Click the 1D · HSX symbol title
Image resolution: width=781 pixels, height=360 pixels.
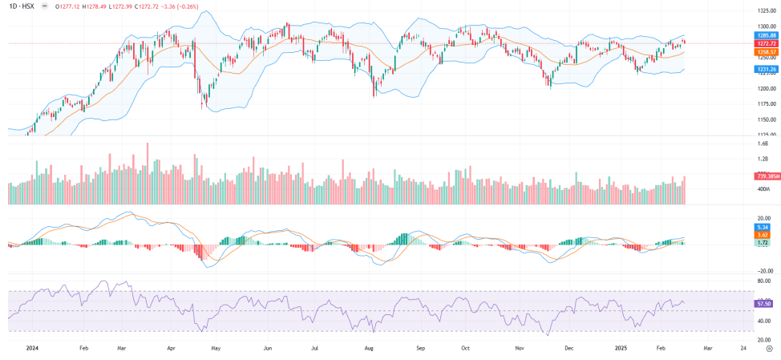(x=21, y=6)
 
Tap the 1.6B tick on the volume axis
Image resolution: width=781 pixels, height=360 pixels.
(x=763, y=144)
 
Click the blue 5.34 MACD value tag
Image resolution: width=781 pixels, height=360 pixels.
(x=763, y=227)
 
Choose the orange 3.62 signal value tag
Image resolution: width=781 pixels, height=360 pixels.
(x=763, y=235)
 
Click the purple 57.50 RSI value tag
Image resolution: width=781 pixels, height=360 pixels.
(x=763, y=304)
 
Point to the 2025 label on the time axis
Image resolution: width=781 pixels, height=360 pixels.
(x=619, y=349)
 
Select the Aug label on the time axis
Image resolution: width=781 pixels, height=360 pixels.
(x=369, y=349)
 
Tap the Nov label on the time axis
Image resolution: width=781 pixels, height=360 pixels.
(x=520, y=349)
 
